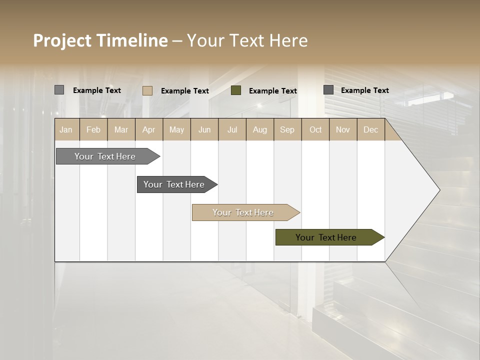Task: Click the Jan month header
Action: pyautogui.click(x=66, y=129)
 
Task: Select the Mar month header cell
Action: pyautogui.click(x=121, y=129)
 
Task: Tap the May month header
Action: pyautogui.click(x=176, y=129)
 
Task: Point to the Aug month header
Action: pyautogui.click(x=259, y=129)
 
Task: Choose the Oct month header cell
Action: pyautogui.click(x=315, y=129)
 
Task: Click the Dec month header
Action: pyautogui.click(x=370, y=129)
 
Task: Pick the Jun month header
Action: pyautogui.click(x=204, y=129)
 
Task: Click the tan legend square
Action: pyautogui.click(x=147, y=90)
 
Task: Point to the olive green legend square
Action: pyautogui.click(x=236, y=90)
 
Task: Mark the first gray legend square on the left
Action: pyautogui.click(x=59, y=90)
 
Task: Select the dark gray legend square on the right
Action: pyautogui.click(x=328, y=90)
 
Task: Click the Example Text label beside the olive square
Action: pyautogui.click(x=272, y=91)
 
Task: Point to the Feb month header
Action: pyautogui.click(x=93, y=129)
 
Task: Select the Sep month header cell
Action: pyautogui.click(x=287, y=129)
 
